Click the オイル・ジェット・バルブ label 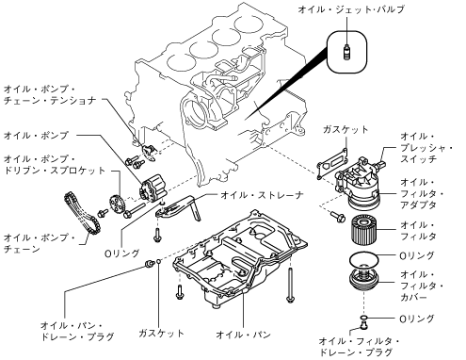click(351, 9)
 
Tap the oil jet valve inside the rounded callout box click(346, 53)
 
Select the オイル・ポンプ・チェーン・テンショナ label click(49, 95)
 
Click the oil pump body click(153, 188)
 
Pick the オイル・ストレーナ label click(262, 195)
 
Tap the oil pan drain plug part click(150, 263)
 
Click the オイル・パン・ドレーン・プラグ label click(77, 331)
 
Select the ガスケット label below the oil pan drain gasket click(161, 333)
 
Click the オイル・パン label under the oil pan click(243, 335)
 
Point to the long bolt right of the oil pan click(290, 285)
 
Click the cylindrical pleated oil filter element click(363, 229)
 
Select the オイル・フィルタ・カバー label click(421, 286)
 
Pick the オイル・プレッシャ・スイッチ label click(426, 148)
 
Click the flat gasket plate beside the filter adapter click(332, 164)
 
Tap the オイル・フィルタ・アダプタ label click(422, 193)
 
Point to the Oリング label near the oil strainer click(122, 254)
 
